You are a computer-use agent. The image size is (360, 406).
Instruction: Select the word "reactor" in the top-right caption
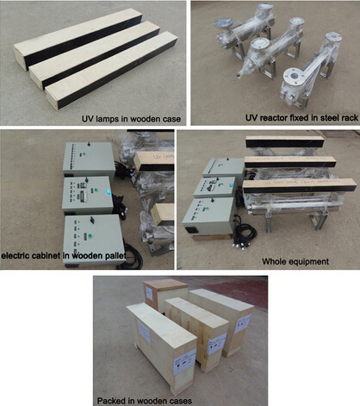click(273, 118)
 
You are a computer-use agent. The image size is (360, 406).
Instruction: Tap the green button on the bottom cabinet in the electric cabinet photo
click(90, 236)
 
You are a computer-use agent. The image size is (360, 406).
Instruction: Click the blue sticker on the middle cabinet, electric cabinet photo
click(108, 191)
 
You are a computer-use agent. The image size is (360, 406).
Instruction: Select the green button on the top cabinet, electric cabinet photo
click(84, 154)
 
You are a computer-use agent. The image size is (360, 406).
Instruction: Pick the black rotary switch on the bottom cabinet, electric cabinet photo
click(92, 220)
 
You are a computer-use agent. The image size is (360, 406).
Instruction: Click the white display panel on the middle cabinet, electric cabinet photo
click(84, 195)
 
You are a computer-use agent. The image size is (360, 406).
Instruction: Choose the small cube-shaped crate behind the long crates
click(165, 295)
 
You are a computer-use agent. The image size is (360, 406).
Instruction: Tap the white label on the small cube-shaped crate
click(148, 292)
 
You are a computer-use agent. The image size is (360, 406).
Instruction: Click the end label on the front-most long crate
click(185, 361)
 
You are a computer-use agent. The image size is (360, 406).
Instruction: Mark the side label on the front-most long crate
click(144, 332)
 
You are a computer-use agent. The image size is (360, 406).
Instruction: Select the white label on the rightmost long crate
click(243, 323)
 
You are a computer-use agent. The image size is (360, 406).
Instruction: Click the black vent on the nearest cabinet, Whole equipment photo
click(190, 229)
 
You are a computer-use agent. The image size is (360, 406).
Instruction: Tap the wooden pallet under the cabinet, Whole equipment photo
click(211, 237)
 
